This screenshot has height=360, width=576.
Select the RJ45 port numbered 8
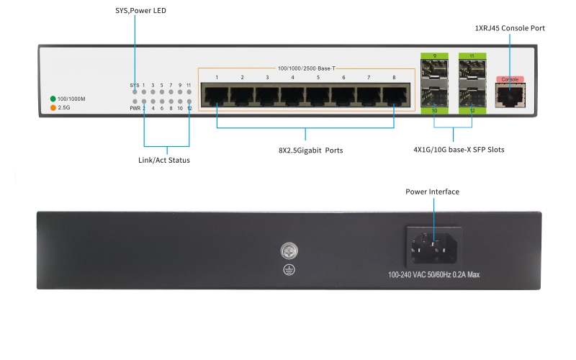394,95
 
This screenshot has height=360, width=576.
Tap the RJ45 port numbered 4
292,95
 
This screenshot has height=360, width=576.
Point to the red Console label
510,79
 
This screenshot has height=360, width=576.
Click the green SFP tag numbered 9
435,55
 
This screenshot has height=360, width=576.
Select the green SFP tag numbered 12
472,110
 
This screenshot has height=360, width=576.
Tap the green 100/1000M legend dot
53,98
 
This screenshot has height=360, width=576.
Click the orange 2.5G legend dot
53,108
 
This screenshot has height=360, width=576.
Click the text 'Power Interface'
432,192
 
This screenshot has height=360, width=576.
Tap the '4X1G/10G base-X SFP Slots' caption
454,150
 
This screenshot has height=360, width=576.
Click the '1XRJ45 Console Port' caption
510,28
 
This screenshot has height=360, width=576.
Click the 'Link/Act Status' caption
164,160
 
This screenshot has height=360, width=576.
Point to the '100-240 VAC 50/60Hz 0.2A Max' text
434,274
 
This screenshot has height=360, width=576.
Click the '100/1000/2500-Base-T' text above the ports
306,68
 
